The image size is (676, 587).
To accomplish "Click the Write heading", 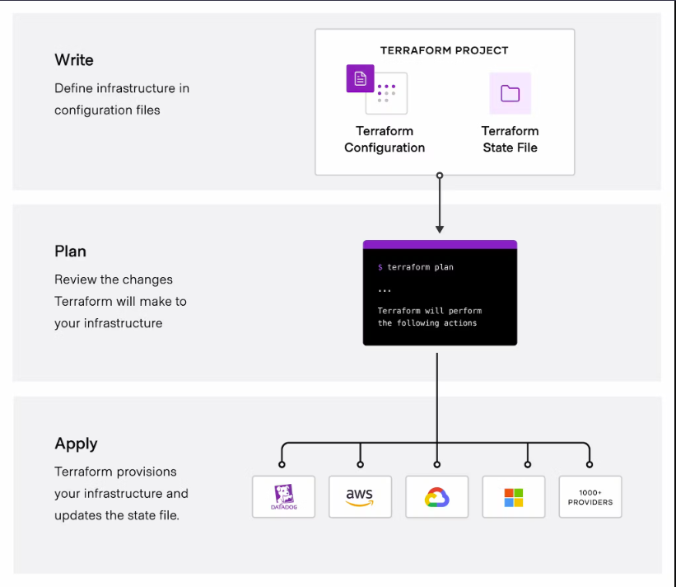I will [74, 60].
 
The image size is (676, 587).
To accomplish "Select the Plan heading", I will [70, 251].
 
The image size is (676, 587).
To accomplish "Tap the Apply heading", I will [76, 444].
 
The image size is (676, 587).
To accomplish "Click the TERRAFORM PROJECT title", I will [444, 50].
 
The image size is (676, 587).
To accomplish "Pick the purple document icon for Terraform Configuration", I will [360, 78].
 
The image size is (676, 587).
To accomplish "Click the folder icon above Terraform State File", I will [510, 93].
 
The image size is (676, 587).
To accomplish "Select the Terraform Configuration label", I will [385, 139].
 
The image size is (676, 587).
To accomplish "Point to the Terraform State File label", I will [510, 139].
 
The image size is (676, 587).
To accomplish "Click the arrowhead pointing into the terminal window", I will [440, 229].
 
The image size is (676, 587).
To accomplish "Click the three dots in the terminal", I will [385, 290].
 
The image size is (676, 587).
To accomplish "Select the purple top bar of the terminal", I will [440, 245].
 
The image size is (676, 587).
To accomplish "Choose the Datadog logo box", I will [283, 496].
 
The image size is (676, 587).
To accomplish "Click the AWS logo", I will [360, 496].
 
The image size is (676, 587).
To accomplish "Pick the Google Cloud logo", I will [436, 497].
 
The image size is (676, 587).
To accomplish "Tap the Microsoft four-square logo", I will [514, 497].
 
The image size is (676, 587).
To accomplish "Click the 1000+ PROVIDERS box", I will [590, 497].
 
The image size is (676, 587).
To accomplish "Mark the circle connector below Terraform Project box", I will [440, 176].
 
